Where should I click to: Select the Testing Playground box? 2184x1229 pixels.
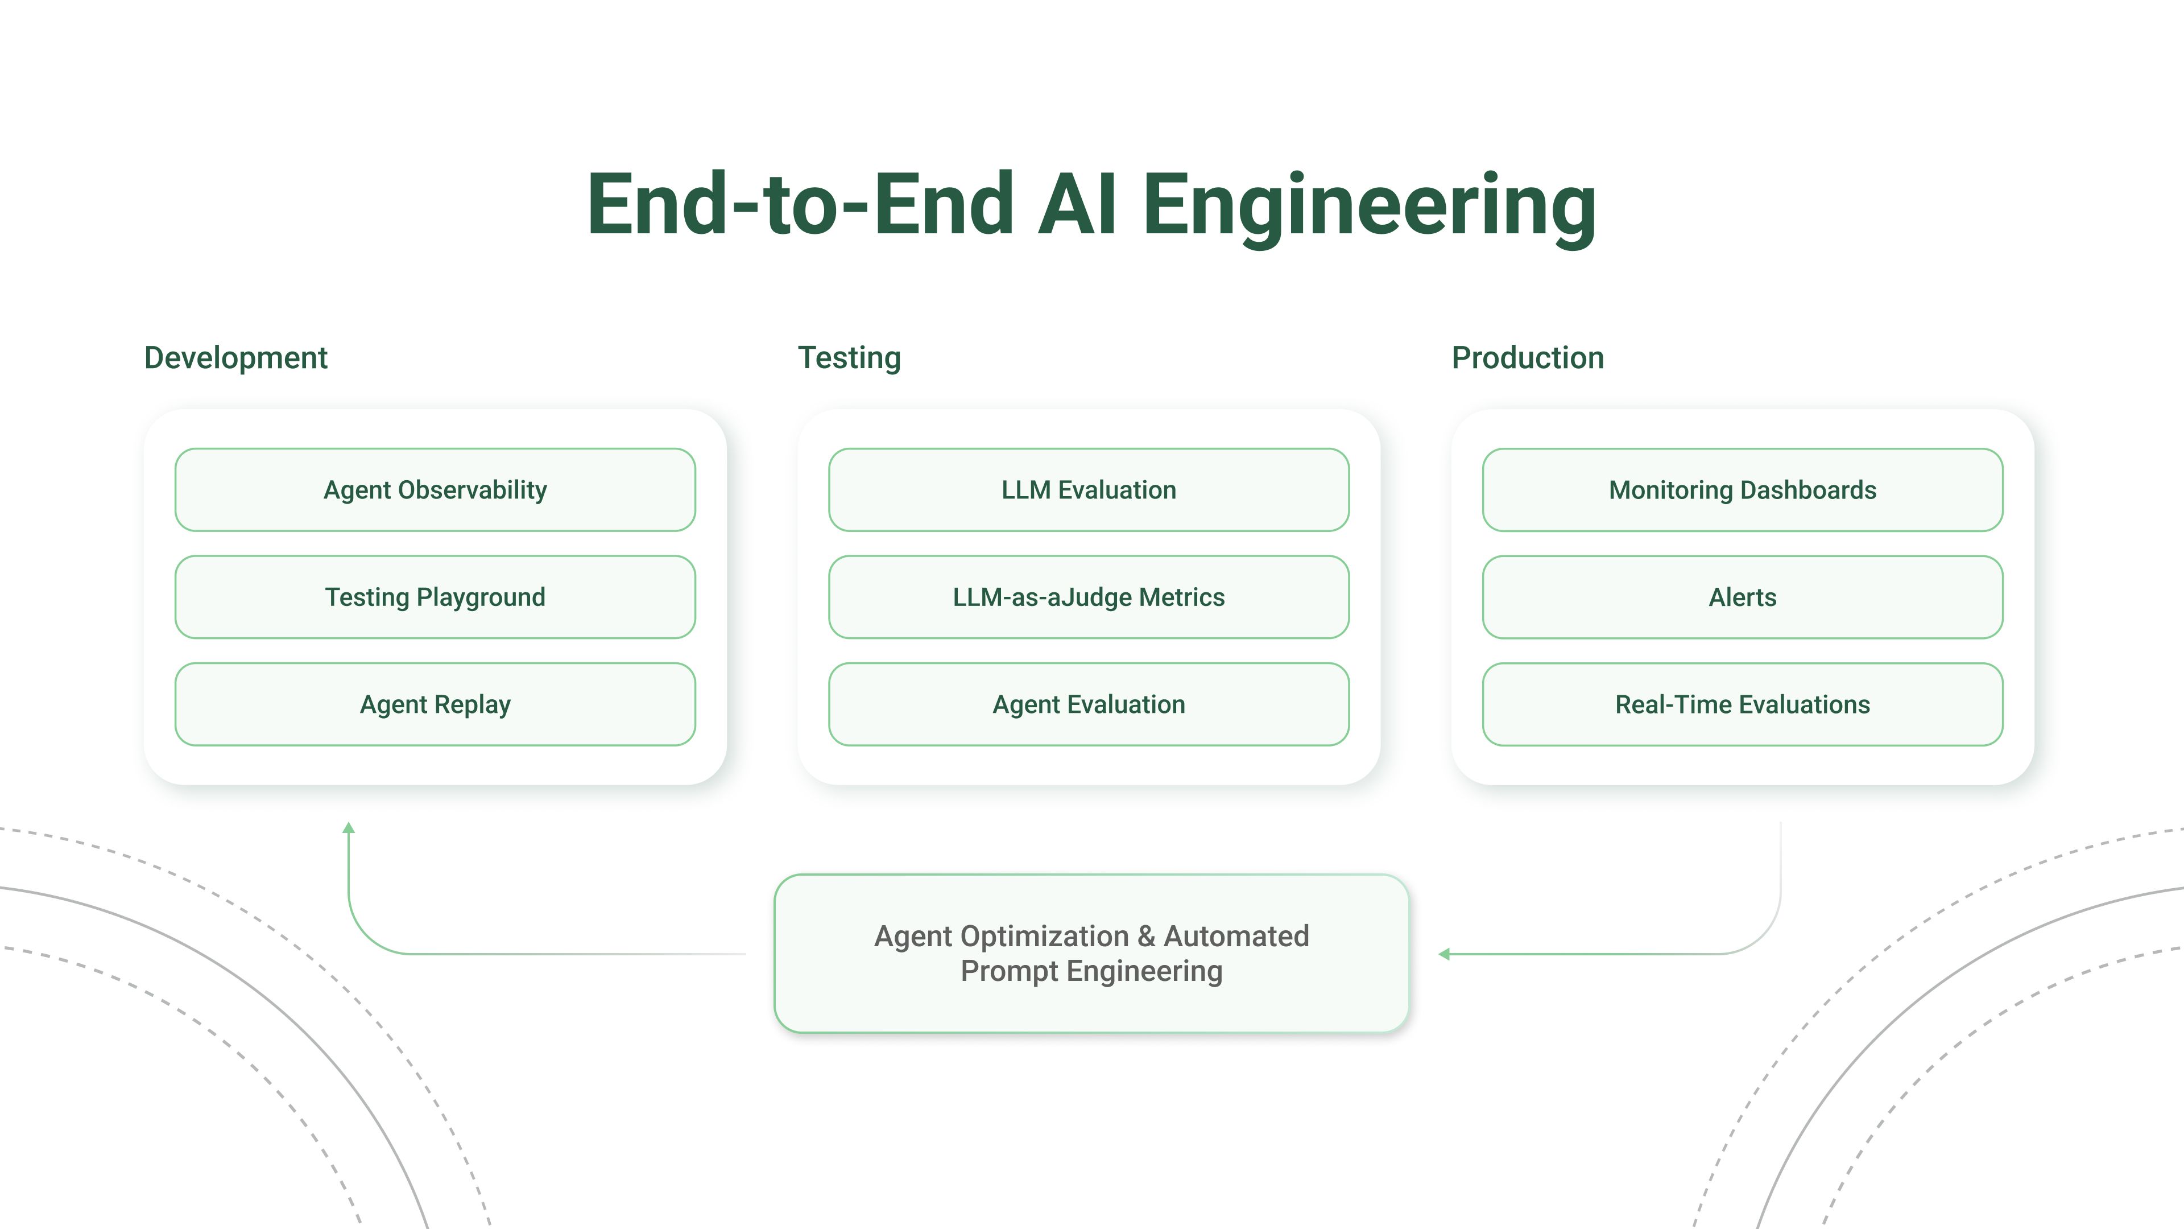click(435, 597)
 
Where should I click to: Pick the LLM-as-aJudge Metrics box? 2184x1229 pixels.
click(1089, 597)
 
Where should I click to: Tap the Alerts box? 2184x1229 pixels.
click(1742, 597)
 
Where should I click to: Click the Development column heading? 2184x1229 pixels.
click(235, 358)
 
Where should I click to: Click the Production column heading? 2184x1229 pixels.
click(1527, 358)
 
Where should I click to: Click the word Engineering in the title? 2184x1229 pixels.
click(1368, 205)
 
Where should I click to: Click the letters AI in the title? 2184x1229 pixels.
click(1077, 205)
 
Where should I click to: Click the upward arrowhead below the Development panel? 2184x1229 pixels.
click(349, 828)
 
